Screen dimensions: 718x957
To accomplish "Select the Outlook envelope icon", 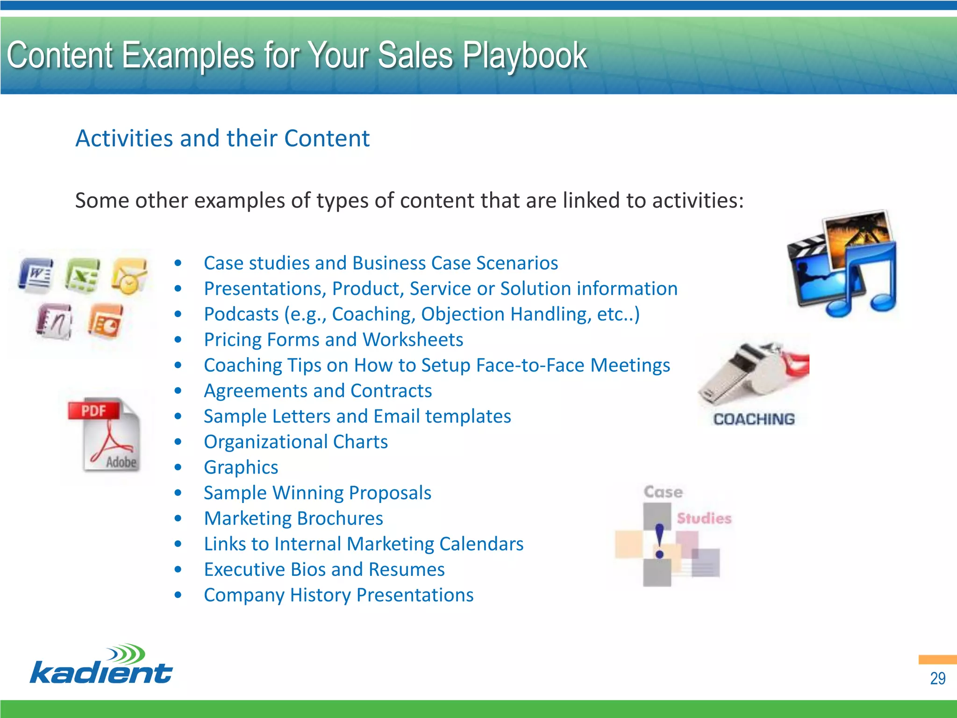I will pyautogui.click(x=129, y=276).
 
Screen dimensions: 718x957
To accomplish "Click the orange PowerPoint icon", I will pyautogui.click(x=106, y=321).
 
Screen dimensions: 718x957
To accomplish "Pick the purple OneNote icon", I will pyautogui.click(x=54, y=321).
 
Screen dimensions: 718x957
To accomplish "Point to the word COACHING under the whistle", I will pyautogui.click(x=753, y=419).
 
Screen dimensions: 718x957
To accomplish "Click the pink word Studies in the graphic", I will pyautogui.click(x=704, y=518).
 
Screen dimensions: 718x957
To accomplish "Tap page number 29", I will pyautogui.click(x=937, y=678).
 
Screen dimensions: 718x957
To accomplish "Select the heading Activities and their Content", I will pyautogui.click(x=222, y=138).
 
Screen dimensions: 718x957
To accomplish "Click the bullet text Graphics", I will pyautogui.click(x=241, y=467).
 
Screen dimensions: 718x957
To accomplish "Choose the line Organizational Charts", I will pyautogui.click(x=295, y=442).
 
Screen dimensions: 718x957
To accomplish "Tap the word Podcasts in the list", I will pyautogui.click(x=241, y=314).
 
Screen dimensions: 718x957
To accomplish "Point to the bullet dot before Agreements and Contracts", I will pyautogui.click(x=178, y=391).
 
